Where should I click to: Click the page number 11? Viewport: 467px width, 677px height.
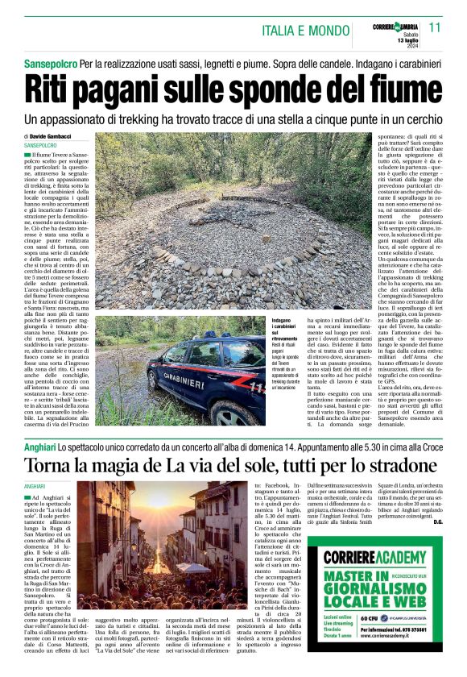(x=436, y=27)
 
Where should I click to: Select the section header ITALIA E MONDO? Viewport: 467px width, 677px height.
(x=305, y=31)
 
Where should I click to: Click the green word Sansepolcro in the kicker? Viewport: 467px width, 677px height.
(x=50, y=63)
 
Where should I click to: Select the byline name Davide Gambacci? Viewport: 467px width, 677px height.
(x=62, y=136)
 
